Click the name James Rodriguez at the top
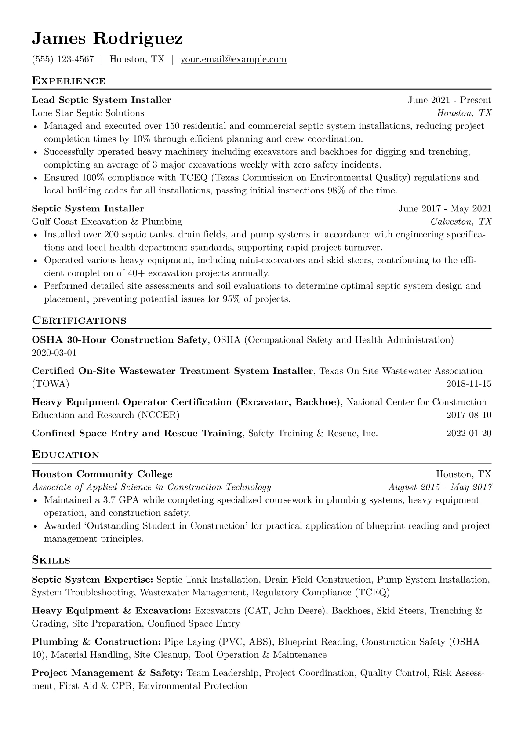(107, 39)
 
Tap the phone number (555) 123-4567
(63, 59)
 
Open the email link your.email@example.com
(233, 59)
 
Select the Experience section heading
(69, 81)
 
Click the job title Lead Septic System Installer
(102, 100)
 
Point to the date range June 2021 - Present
(449, 100)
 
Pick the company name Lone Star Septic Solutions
(88, 113)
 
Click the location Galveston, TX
(461, 221)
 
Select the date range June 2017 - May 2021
(445, 208)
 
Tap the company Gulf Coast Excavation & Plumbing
(107, 221)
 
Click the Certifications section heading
(79, 321)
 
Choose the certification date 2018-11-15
(469, 384)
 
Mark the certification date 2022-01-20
(469, 433)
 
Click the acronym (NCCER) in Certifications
(158, 415)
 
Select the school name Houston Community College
(102, 474)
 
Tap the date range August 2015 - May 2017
(440, 487)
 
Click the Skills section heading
(51, 560)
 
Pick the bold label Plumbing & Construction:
(96, 642)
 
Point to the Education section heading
(66, 455)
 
